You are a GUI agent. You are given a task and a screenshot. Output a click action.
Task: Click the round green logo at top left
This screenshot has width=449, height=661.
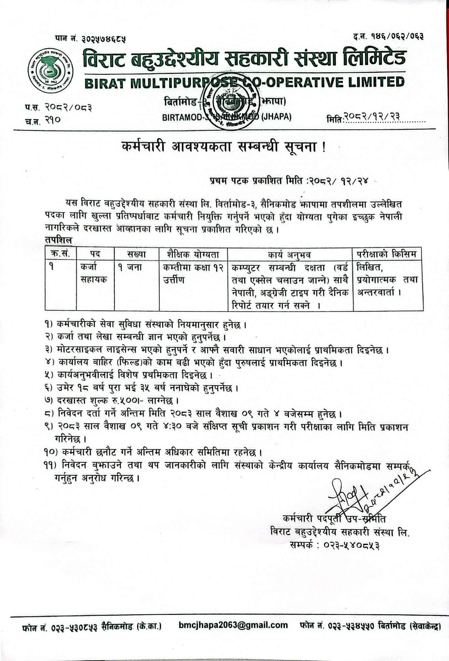point(50,70)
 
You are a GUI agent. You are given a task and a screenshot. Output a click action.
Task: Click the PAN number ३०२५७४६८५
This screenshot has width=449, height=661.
point(103,39)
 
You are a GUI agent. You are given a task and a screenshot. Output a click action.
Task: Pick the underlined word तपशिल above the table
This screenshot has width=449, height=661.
point(58,240)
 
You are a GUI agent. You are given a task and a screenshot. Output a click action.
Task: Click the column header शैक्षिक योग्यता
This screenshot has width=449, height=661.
point(193,254)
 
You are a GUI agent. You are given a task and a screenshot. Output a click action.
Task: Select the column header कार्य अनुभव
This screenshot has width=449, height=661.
point(290,255)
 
